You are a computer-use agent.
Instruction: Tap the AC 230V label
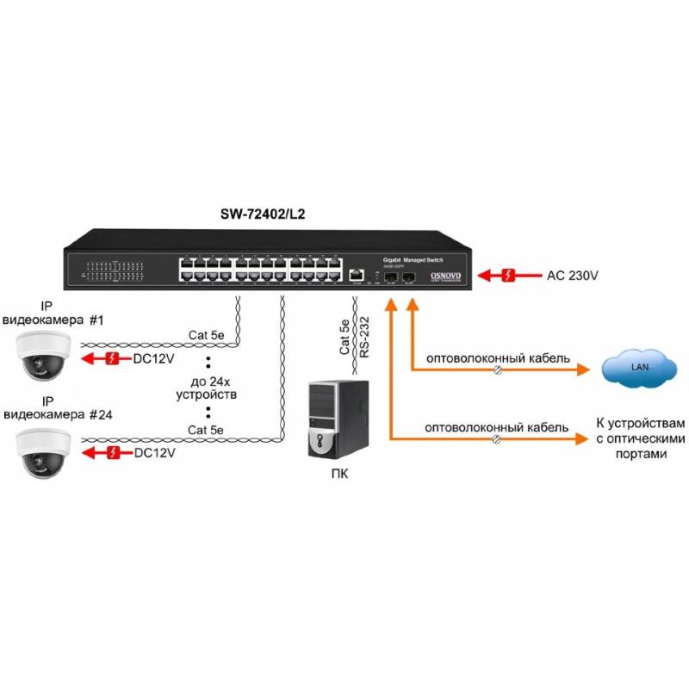click(x=573, y=276)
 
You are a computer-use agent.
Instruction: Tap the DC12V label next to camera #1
click(x=155, y=358)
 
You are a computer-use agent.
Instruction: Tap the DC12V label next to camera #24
click(x=155, y=452)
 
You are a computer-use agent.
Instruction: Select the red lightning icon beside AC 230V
click(x=509, y=276)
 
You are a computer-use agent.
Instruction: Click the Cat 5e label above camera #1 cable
click(x=206, y=334)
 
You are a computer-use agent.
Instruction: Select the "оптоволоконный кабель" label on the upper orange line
click(x=496, y=357)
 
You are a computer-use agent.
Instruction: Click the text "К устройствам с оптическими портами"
click(x=642, y=438)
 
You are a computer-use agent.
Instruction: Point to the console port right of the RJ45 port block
click(x=357, y=275)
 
